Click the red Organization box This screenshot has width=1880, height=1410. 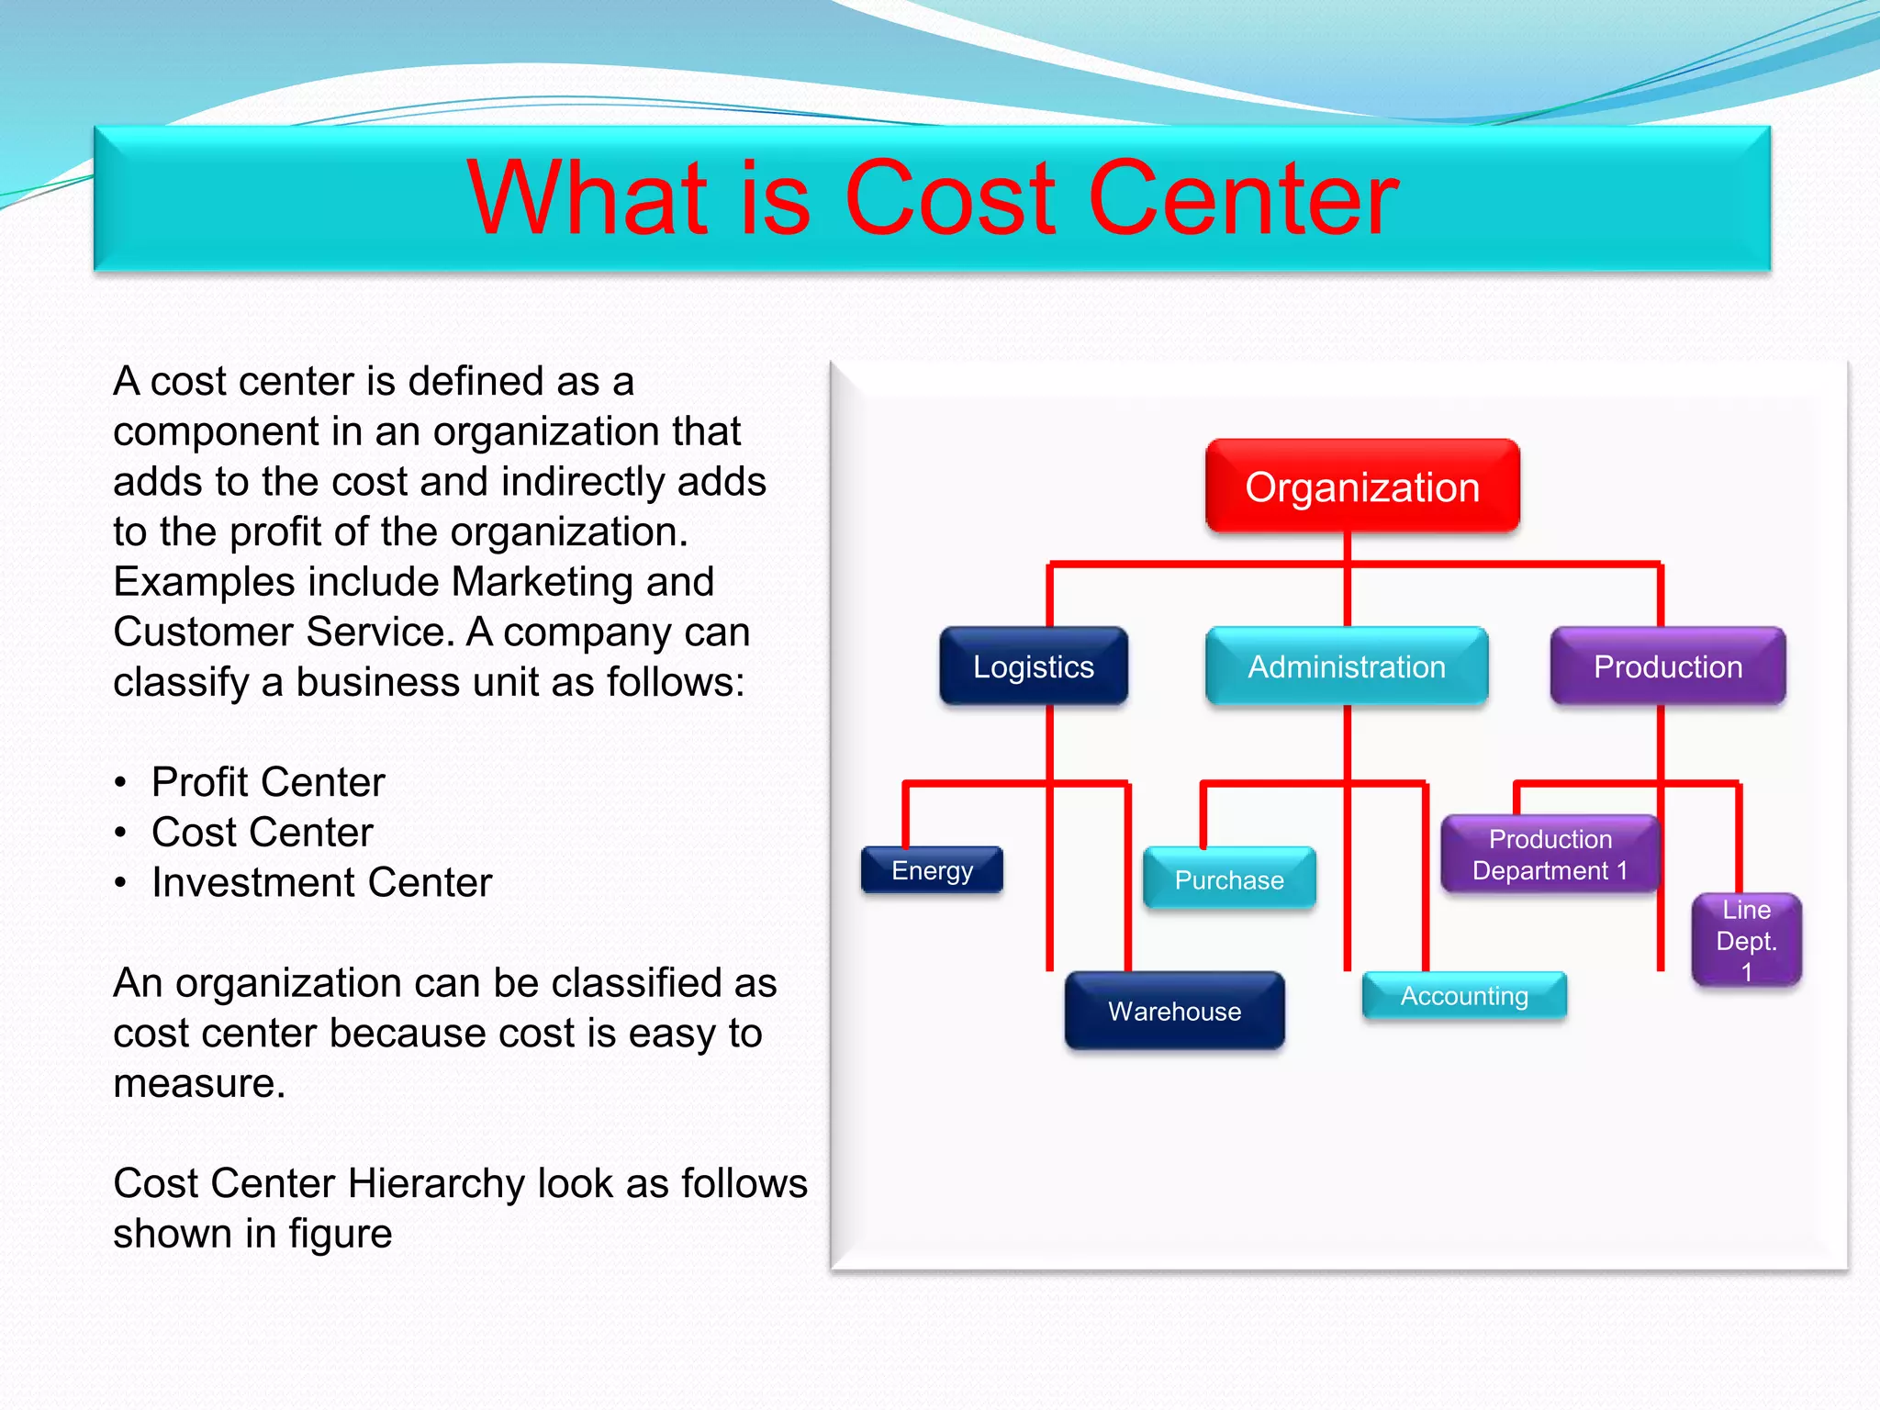[1362, 487]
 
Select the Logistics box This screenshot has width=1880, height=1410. [1033, 666]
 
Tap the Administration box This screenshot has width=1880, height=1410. [1346, 666]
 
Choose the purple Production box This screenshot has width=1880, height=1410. [1667, 666]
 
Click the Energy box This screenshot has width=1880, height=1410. [932, 869]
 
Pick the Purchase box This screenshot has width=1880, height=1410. [1229, 879]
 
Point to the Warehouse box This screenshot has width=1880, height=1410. [1174, 1011]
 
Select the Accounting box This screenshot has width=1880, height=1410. [1464, 996]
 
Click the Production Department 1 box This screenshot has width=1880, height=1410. [1550, 855]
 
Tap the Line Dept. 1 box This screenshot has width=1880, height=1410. [1746, 940]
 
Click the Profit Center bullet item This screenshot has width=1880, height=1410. [267, 782]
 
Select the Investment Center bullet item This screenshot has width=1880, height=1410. [321, 882]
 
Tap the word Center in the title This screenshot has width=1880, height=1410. [1243, 198]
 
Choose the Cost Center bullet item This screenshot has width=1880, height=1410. [262, 833]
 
